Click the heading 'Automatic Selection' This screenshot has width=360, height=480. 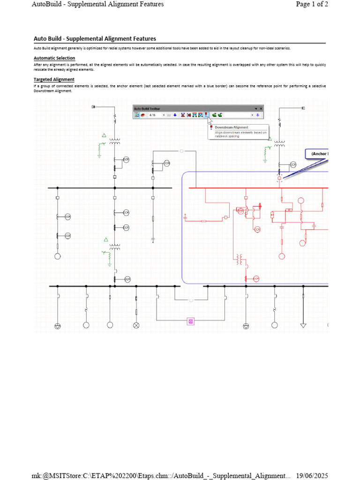pos(54,58)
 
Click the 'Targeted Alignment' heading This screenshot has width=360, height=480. pos(54,80)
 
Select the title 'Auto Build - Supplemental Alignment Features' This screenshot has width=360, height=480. pos(95,39)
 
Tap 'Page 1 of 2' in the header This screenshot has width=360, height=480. pos(312,4)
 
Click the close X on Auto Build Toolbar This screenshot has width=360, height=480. pos(261,108)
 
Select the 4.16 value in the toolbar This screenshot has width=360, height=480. pos(152,115)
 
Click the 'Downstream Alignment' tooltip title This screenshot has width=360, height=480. pos(231,127)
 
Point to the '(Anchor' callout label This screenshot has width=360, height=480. pos(319,154)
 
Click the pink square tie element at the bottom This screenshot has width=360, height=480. pos(191,321)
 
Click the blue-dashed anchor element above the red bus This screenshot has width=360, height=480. pos(279,178)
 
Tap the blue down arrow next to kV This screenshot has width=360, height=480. pos(175,115)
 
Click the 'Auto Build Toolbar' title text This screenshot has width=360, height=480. pos(147,108)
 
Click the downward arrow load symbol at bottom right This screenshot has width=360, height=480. pos(303,325)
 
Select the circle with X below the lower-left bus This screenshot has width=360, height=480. pos(136,325)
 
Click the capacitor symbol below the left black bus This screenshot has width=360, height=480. pos(153,240)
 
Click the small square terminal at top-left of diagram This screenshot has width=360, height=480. pos(94,107)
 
